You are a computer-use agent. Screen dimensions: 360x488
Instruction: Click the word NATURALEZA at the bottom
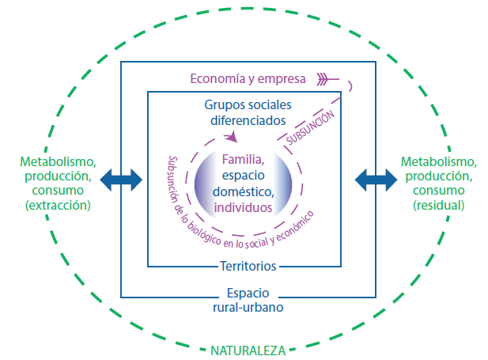(247, 349)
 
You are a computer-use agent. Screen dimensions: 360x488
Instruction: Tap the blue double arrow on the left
(120, 180)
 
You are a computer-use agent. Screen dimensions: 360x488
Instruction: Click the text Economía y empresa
(248, 78)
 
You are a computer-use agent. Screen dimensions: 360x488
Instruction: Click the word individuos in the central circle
(244, 207)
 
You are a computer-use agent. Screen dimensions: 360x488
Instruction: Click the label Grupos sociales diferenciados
(248, 113)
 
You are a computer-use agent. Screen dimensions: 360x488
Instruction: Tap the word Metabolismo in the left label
(58, 161)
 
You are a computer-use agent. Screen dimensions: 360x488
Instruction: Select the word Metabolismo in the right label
(438, 161)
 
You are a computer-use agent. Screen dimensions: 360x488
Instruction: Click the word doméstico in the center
(244, 191)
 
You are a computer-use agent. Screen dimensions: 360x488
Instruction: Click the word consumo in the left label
(58, 191)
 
